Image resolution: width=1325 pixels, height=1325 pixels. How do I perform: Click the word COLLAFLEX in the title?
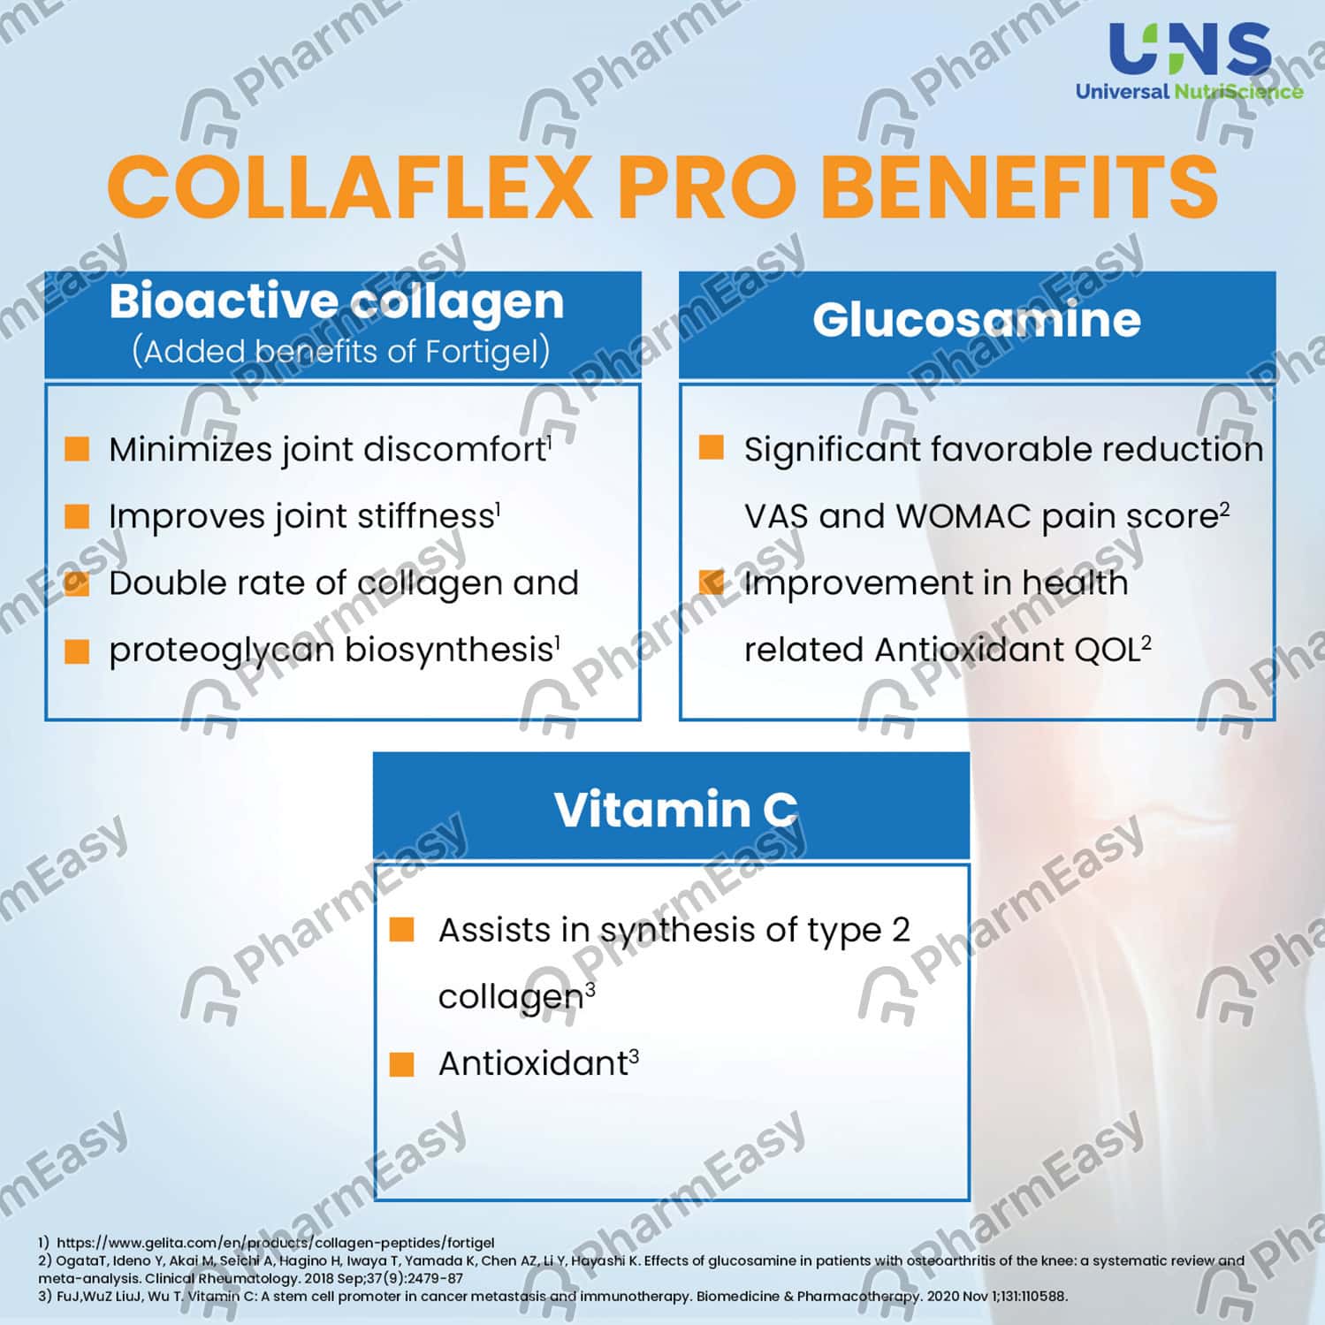point(349,187)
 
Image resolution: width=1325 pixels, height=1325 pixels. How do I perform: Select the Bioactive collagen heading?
point(336,301)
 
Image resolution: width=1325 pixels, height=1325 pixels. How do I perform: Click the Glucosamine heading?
point(976,319)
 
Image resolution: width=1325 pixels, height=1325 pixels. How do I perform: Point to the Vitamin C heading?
point(675,809)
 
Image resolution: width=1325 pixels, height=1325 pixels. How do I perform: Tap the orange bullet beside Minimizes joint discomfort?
point(78,449)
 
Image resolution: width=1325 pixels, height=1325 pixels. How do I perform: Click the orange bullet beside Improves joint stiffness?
point(78,516)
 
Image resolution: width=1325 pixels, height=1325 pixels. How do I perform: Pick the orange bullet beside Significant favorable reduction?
point(712,448)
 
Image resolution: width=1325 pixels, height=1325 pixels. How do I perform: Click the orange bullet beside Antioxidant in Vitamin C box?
point(402,1063)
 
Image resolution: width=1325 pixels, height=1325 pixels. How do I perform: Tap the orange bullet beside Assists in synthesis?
point(402,930)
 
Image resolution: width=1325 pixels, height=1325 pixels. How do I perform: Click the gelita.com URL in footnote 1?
point(275,1243)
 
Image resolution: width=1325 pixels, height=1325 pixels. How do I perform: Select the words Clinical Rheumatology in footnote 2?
point(222,1278)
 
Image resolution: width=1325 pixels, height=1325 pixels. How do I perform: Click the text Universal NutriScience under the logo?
point(1189,91)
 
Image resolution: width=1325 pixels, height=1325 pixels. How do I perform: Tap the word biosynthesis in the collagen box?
point(449,651)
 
